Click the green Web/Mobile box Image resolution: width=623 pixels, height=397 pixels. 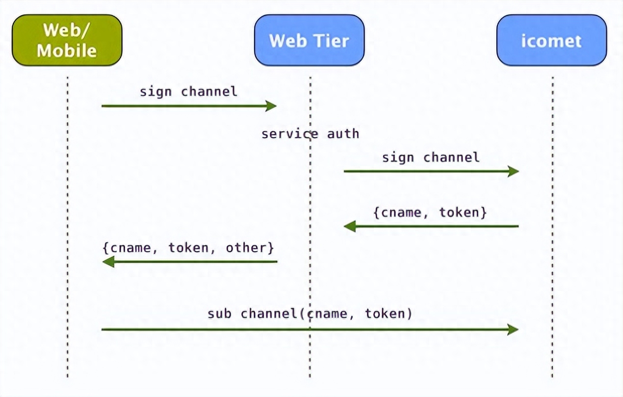click(67, 40)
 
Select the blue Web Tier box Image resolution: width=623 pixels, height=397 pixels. click(309, 40)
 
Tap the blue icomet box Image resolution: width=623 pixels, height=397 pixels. click(552, 40)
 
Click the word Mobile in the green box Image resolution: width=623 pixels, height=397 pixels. click(67, 51)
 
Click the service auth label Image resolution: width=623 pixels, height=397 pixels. click(311, 134)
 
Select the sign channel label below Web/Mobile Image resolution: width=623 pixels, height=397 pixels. click(188, 92)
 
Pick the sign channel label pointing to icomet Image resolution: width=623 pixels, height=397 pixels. click(431, 158)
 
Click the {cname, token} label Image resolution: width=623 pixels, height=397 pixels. click(430, 213)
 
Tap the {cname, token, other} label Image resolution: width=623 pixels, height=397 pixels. click(188, 248)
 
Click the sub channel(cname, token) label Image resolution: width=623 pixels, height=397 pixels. click(310, 313)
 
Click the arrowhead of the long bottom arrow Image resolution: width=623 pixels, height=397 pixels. click(513, 330)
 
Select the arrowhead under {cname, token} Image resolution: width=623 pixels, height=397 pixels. click(350, 226)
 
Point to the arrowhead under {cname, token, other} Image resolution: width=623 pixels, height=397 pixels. click(108, 261)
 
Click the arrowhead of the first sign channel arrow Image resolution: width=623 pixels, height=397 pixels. click(271, 106)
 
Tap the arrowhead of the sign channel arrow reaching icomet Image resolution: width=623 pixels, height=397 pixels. click(514, 171)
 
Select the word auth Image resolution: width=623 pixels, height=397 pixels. click(343, 134)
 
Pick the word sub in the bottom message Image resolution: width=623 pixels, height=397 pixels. click(219, 314)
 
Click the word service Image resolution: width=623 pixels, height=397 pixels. click(290, 134)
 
